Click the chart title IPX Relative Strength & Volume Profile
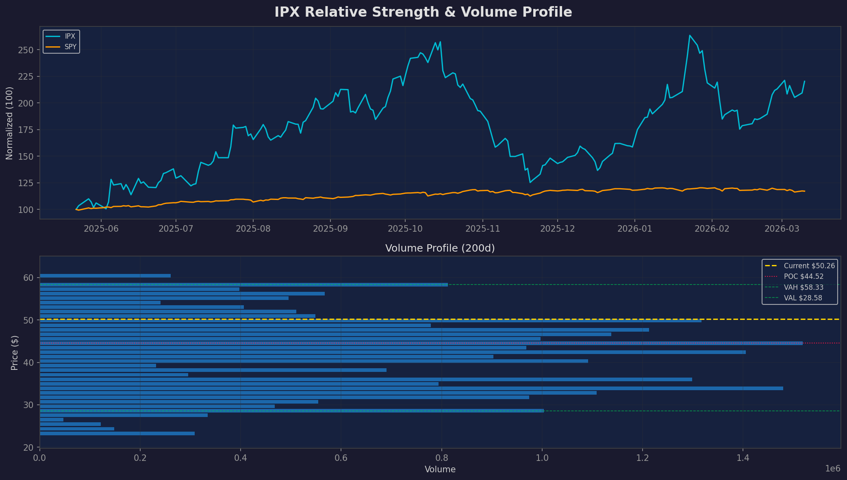pyautogui.click(x=423, y=12)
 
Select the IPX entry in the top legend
pyautogui.click(x=69, y=37)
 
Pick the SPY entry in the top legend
pyautogui.click(x=70, y=47)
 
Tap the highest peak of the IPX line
pyautogui.click(x=690, y=36)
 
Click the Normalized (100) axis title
pyautogui.click(x=9, y=123)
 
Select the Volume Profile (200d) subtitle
pyautogui.click(x=440, y=248)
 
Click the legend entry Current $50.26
pyautogui.click(x=809, y=266)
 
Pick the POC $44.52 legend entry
pyautogui.click(x=803, y=276)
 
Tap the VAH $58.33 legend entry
pyautogui.click(x=803, y=287)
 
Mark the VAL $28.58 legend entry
pyautogui.click(x=802, y=298)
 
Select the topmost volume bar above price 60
pyautogui.click(x=105, y=276)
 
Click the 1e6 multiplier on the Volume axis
pyautogui.click(x=832, y=469)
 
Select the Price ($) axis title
pyautogui.click(x=15, y=352)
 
